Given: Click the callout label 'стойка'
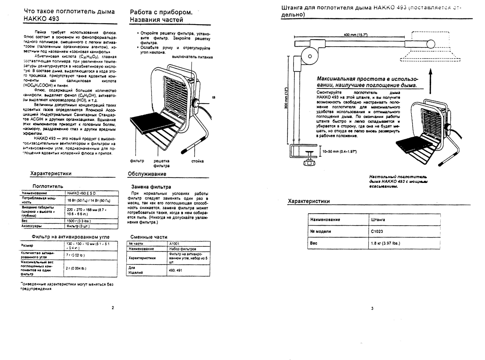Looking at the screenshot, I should (197, 161).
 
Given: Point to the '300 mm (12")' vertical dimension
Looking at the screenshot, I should (286, 99).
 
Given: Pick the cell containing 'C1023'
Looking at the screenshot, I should (378, 231).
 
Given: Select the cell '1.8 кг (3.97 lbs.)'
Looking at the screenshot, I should (386, 243).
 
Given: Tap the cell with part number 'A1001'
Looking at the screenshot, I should (174, 243).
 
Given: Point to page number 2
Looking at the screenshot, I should (113, 308).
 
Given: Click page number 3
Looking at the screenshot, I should (372, 308).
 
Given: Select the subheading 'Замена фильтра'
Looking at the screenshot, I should (151, 187).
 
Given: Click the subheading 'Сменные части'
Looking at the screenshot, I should (149, 237).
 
